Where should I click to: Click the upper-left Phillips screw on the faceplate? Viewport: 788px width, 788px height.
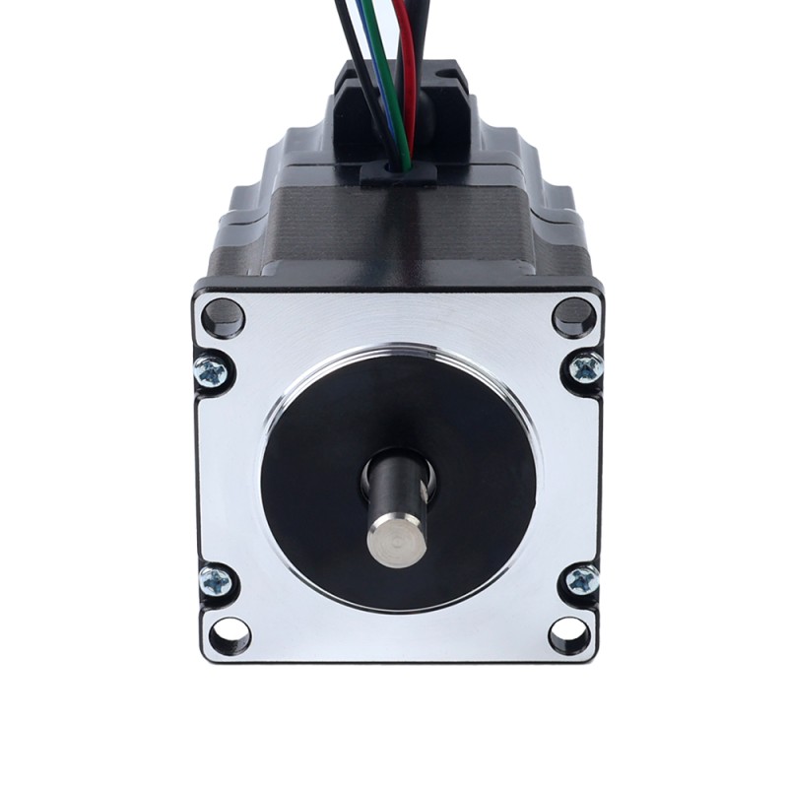tap(212, 371)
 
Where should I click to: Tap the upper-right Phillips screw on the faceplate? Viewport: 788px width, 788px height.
tap(585, 368)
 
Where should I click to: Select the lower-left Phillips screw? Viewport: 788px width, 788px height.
tap(216, 581)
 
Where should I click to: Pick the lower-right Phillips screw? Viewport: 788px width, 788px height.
tap(582, 580)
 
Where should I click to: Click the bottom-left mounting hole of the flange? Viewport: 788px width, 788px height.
tap(229, 634)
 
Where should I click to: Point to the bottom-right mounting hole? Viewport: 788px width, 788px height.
tap(570, 634)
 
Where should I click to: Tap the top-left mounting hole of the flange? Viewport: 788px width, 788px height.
tap(223, 317)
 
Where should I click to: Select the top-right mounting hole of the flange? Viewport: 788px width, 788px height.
tap(574, 316)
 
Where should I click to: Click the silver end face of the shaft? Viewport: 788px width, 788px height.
tap(397, 541)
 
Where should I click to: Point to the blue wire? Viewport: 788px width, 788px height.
tap(395, 98)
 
